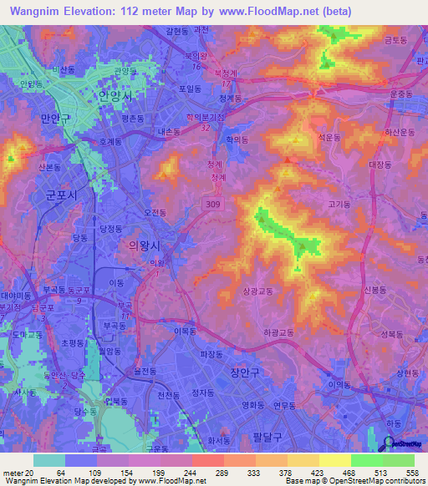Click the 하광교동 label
(x=278, y=332)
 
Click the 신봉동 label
(x=377, y=290)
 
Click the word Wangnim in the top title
(x=38, y=12)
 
